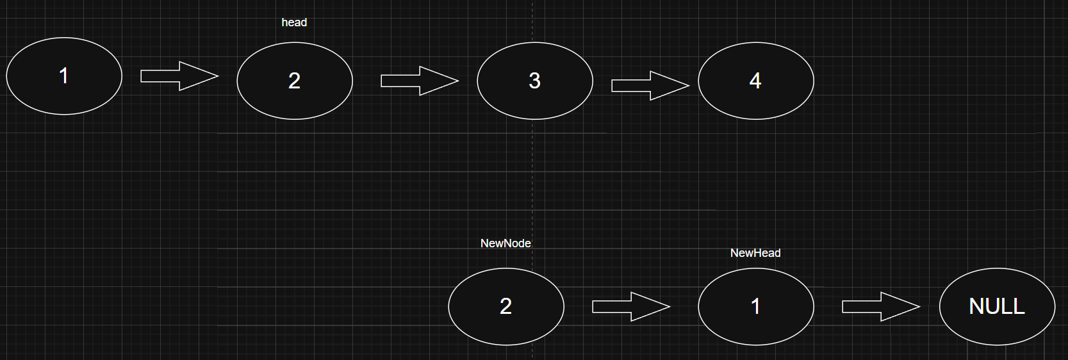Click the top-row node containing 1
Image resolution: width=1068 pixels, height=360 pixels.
coord(64,76)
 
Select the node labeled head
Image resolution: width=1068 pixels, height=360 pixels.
coord(295,81)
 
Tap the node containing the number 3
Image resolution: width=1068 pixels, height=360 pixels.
coord(535,81)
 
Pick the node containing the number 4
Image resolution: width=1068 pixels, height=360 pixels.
coord(756,81)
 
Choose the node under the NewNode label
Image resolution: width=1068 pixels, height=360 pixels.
coord(506,306)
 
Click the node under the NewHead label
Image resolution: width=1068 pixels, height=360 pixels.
coord(756,306)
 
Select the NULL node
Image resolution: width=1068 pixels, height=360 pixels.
coord(997,306)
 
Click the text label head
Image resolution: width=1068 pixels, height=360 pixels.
coord(294,22)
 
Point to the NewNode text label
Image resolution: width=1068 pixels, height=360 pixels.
coord(505,243)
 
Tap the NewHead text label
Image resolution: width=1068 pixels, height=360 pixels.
coord(755,253)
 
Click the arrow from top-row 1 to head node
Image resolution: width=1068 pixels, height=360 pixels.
coord(179,76)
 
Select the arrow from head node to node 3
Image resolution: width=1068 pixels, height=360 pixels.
coord(420,81)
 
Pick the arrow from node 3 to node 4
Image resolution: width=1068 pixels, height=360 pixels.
coord(650,85)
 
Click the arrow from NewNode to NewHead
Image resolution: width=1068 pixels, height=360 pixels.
coord(631,306)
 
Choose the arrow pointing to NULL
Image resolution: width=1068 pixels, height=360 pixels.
coord(881,306)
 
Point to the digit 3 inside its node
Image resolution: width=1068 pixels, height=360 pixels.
coord(535,81)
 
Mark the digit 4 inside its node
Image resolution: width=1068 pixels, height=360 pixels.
coord(755,81)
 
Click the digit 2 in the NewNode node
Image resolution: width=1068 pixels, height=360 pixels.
coord(505,306)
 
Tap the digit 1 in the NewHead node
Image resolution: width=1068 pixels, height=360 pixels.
coord(755,306)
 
